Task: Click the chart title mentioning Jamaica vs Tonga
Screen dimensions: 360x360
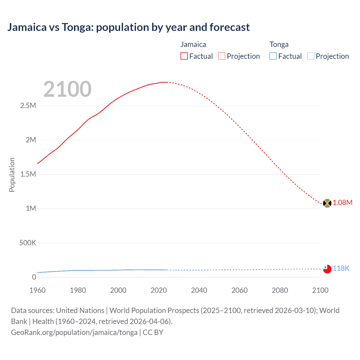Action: (128, 27)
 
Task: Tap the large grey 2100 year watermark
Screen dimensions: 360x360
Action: (67, 89)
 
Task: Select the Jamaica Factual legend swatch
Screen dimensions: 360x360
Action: (184, 56)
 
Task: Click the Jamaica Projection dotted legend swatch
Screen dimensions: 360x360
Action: (222, 56)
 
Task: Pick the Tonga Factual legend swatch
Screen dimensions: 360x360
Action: (273, 56)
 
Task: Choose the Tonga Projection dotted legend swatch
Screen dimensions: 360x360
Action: (310, 56)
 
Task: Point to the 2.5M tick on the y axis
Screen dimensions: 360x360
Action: (28, 106)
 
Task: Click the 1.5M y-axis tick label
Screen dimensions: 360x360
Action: (28, 174)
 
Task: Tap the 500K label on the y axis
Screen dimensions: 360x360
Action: (28, 243)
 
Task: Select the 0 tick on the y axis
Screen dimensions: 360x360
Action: (34, 277)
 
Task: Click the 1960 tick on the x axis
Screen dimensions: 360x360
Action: (37, 290)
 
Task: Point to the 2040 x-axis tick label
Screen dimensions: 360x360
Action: (199, 290)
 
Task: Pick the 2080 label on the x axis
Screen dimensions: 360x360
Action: (280, 290)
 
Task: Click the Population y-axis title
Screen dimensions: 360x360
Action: (12, 175)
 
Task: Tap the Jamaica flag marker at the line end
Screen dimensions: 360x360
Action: (327, 203)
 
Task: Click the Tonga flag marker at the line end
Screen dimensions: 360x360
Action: (327, 269)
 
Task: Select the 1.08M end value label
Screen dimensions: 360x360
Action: (343, 203)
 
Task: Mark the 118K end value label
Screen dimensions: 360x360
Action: (341, 269)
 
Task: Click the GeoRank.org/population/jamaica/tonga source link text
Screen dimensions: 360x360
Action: (74, 332)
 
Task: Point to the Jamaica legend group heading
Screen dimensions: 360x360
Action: (193, 44)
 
